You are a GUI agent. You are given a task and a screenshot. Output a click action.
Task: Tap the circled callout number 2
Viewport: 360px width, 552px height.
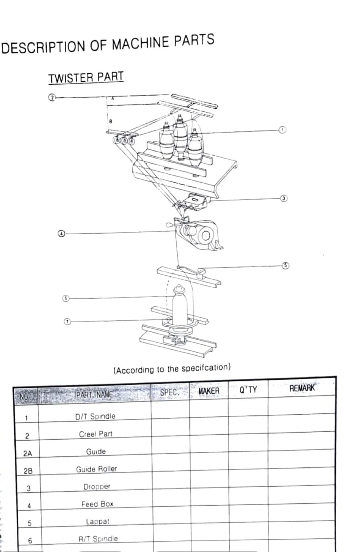pos(52,97)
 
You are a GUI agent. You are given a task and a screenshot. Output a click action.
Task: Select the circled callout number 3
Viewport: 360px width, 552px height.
pos(283,198)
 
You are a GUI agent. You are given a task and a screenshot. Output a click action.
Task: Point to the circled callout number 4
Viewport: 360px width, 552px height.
pos(62,234)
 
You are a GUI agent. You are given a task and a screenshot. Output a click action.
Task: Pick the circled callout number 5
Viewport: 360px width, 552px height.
pos(286,265)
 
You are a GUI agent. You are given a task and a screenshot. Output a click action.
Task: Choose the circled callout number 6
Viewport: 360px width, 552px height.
pos(66,298)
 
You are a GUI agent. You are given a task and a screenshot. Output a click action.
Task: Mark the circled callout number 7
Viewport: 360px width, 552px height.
pos(67,321)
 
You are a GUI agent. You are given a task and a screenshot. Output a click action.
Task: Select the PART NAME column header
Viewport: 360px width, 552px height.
pos(94,395)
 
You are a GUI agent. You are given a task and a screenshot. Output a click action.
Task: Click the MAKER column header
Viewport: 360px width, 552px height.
pos(209,391)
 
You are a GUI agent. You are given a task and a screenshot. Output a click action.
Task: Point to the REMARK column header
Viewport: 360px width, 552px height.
pos(302,388)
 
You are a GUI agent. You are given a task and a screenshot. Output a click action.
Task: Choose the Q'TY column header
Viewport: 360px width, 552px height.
pos(248,390)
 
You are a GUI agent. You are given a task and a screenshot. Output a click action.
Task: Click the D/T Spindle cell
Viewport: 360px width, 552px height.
pos(95,416)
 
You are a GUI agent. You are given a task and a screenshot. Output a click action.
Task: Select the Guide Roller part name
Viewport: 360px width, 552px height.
pos(96,469)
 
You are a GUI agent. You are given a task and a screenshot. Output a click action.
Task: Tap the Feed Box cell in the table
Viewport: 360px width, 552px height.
pos(97,504)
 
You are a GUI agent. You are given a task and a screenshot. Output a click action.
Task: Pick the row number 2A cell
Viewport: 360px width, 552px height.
pos(27,454)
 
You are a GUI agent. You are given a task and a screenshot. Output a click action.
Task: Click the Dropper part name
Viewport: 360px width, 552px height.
pos(97,486)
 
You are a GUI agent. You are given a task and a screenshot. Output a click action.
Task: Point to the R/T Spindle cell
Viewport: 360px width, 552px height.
pos(98,539)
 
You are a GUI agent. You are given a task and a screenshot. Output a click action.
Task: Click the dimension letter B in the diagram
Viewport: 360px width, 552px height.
pos(111,121)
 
